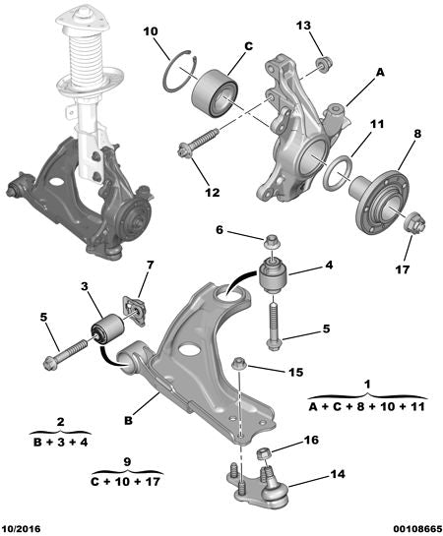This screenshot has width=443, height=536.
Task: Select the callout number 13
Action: [303, 25]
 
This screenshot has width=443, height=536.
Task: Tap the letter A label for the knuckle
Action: [379, 71]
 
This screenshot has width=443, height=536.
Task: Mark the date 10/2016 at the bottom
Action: [24, 527]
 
